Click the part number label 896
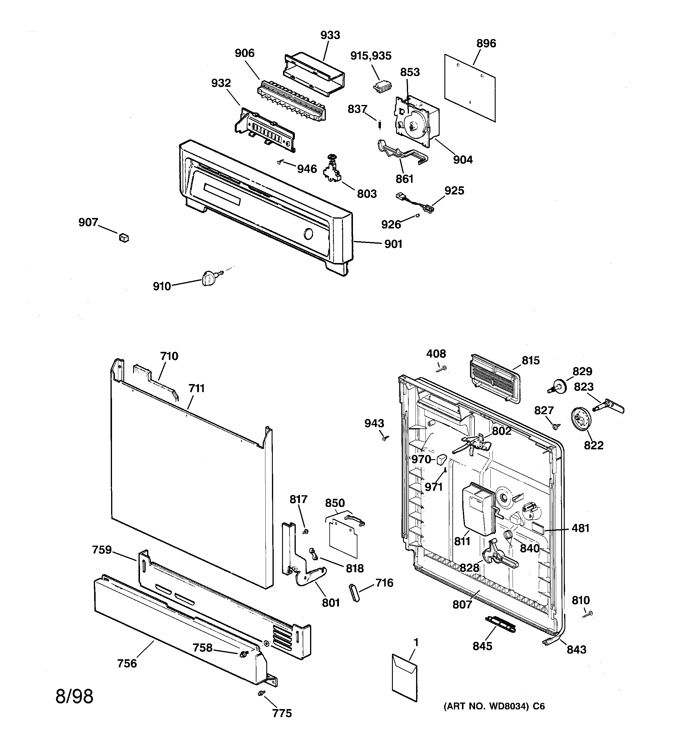click(485, 44)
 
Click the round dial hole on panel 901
click(308, 234)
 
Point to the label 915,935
click(371, 56)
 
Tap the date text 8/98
click(74, 697)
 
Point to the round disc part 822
click(581, 420)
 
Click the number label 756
click(127, 663)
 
